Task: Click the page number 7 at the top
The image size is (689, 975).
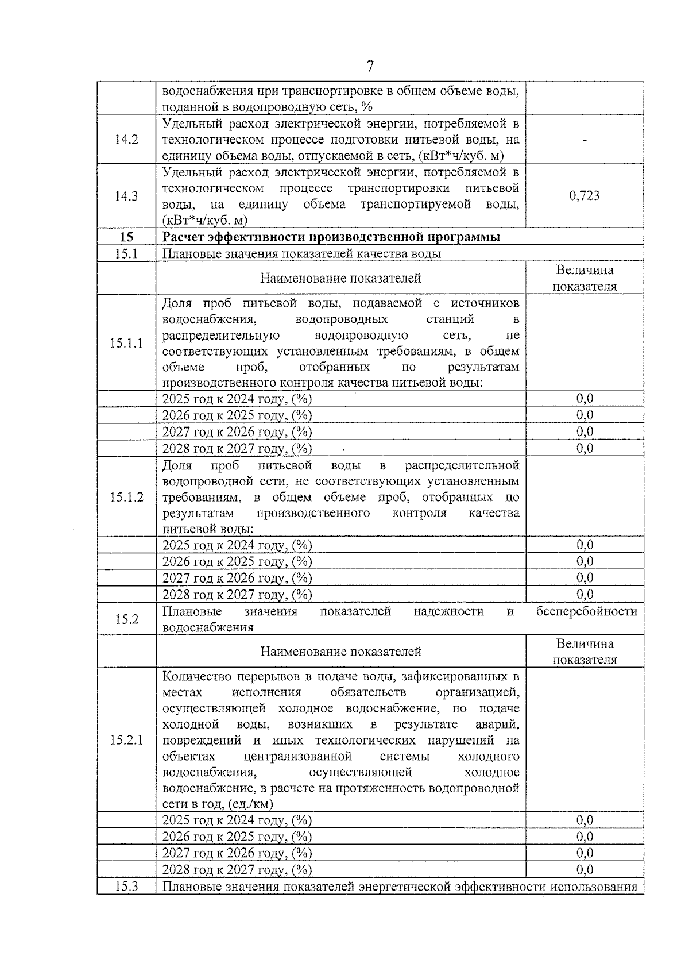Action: (x=370, y=67)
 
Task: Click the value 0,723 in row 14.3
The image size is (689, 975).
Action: (x=584, y=196)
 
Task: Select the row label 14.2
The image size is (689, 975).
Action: (x=126, y=140)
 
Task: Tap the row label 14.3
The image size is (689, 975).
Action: (x=126, y=196)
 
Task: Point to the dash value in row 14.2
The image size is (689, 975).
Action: (x=584, y=140)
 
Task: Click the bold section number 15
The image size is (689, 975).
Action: (x=126, y=237)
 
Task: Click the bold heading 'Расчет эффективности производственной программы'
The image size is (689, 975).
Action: (x=331, y=237)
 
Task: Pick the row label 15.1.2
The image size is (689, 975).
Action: (x=126, y=497)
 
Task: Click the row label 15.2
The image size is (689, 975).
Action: (x=126, y=619)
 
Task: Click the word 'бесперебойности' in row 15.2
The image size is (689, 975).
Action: (x=586, y=611)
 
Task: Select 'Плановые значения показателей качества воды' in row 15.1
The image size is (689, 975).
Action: (x=301, y=254)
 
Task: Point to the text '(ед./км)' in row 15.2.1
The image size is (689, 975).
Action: (x=250, y=804)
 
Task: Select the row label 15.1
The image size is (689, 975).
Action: (x=126, y=254)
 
